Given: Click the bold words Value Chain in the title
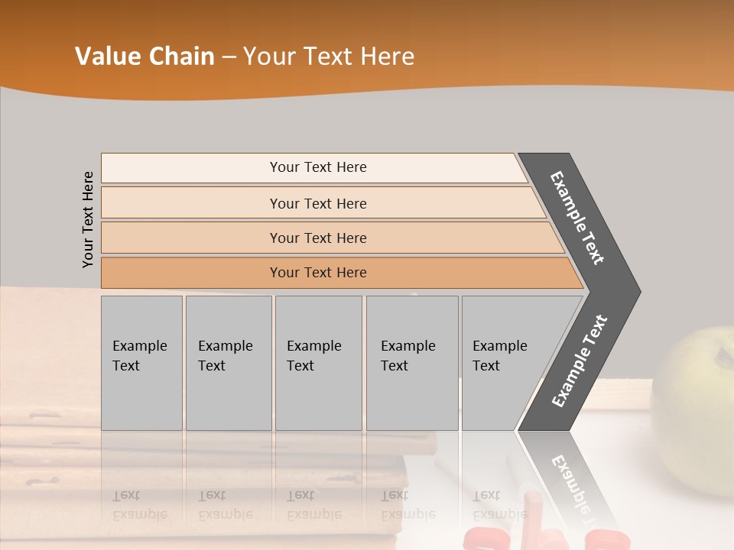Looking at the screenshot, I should (145, 57).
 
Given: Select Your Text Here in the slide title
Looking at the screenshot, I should (329, 57).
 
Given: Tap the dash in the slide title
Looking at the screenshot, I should (229, 57).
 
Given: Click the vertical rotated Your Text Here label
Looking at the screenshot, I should (88, 219).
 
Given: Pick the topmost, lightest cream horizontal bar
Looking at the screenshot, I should (317, 167).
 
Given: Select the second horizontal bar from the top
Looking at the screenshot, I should (317, 203).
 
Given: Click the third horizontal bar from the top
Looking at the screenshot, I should (317, 238).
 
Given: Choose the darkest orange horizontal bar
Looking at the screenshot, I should (317, 273).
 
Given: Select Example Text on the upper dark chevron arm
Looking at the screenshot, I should (578, 218).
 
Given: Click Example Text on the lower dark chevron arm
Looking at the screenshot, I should (580, 361).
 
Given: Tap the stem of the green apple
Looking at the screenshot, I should (723, 353).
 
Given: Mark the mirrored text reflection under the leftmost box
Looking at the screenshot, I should (140, 505).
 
